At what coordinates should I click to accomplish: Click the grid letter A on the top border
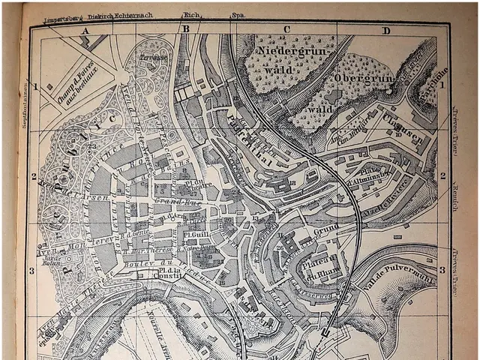[x=85, y=30]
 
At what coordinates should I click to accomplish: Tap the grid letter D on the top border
[x=386, y=31]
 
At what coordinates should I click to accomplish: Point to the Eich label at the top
[x=190, y=14]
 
